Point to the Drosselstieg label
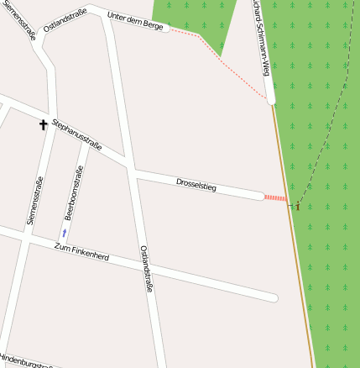[196, 185]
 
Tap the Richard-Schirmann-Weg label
[260, 34]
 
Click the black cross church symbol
[44, 125]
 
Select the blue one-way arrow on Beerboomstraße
[65, 231]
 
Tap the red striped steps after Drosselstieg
[275, 197]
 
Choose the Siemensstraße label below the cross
[34, 200]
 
